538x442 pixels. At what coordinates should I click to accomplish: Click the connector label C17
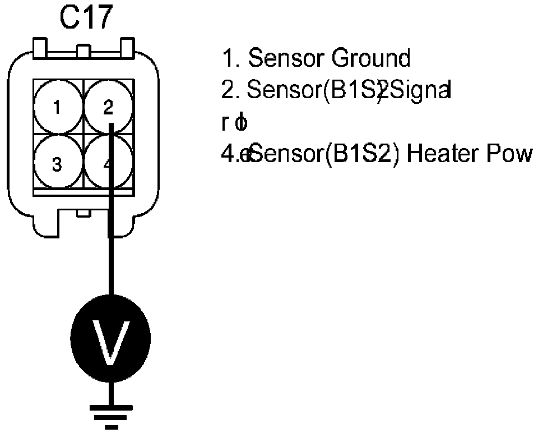click(86, 19)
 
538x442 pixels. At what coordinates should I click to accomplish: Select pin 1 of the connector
click(58, 107)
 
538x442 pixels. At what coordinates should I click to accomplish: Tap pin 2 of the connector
click(109, 107)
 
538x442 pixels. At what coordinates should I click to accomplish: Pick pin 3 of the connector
click(57, 164)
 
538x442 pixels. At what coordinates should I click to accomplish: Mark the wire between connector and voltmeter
click(111, 264)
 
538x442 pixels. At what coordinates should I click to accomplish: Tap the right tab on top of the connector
click(127, 48)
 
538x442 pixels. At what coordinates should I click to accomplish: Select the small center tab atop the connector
click(83, 51)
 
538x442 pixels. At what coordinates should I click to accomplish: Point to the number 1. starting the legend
click(231, 58)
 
